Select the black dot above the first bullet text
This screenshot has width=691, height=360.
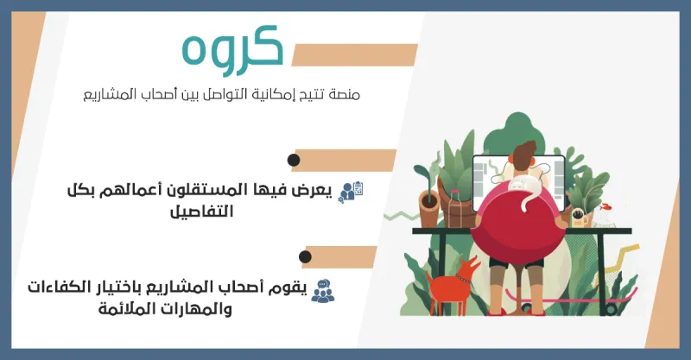[x=294, y=161]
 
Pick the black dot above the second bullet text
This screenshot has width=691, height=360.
[x=304, y=256]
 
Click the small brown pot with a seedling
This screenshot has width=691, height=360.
[x=429, y=207]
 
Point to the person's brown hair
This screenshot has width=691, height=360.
[x=524, y=155]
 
